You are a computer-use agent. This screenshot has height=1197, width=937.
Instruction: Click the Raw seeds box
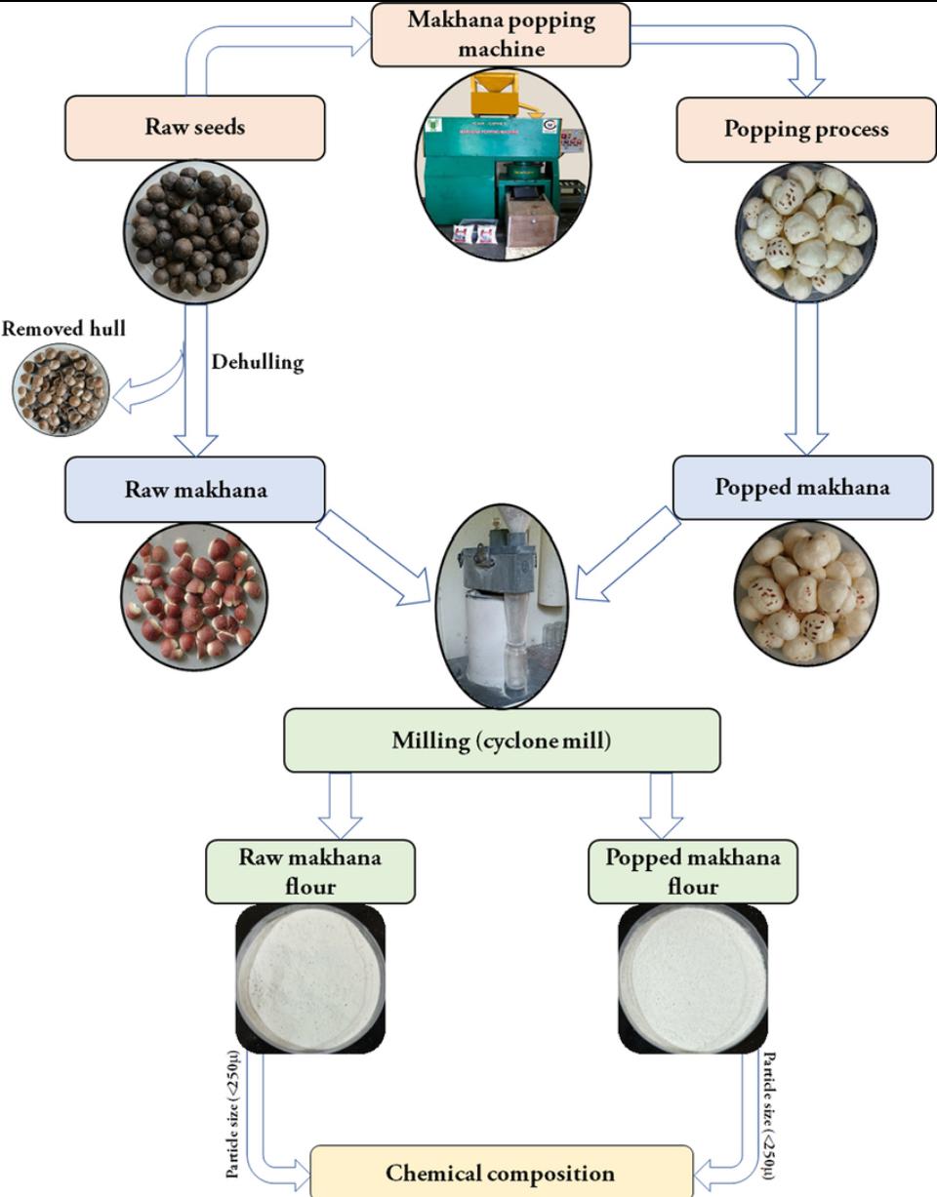click(x=194, y=127)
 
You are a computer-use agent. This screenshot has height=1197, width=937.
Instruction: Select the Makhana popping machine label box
click(x=501, y=35)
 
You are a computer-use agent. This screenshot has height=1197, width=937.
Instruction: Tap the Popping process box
click(x=805, y=129)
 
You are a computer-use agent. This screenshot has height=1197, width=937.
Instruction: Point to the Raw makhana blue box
click(x=194, y=489)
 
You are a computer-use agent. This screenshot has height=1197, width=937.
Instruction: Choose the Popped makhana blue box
click(x=802, y=487)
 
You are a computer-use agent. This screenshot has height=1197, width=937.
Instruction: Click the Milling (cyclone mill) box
click(x=502, y=740)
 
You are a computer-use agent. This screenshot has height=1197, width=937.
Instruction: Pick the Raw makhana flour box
click(x=309, y=872)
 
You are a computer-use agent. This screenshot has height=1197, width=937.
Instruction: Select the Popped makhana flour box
click(x=693, y=872)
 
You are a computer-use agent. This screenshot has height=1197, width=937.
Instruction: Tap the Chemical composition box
click(x=501, y=1172)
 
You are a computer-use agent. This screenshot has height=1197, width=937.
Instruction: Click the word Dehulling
click(x=258, y=362)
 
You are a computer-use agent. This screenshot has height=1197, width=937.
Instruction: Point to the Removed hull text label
click(x=63, y=329)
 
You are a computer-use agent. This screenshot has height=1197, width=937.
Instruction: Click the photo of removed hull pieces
click(x=60, y=390)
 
